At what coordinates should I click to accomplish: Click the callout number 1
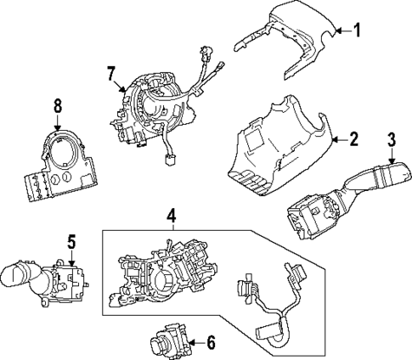357,31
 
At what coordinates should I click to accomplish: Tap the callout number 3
392,141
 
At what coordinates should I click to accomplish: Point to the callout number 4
172,217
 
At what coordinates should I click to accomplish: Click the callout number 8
58,108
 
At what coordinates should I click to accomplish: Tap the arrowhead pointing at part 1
336,32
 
